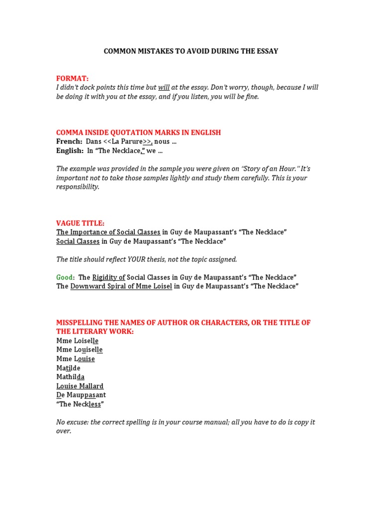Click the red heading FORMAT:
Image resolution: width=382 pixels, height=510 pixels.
73,78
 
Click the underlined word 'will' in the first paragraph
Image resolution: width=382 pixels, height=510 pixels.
164,88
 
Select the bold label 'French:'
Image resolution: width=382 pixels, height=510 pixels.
69,141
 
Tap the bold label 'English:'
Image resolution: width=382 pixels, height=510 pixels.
70,150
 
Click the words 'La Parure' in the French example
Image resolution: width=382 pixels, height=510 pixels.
127,141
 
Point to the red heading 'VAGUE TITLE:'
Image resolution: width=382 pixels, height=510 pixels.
81,223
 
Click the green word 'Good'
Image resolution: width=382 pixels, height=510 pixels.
65,277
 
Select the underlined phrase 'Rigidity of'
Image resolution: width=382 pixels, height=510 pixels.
108,277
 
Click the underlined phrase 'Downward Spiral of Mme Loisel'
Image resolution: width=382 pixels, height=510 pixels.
121,286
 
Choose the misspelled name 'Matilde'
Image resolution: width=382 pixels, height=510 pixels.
68,368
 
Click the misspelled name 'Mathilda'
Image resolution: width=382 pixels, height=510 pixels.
70,377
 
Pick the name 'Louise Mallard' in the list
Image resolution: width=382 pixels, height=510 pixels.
80,386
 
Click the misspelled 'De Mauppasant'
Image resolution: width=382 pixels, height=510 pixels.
81,395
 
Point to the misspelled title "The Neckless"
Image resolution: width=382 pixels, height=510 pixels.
80,404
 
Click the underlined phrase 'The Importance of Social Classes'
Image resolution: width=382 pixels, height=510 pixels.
108,232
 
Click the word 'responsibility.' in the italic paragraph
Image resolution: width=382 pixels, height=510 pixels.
78,187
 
